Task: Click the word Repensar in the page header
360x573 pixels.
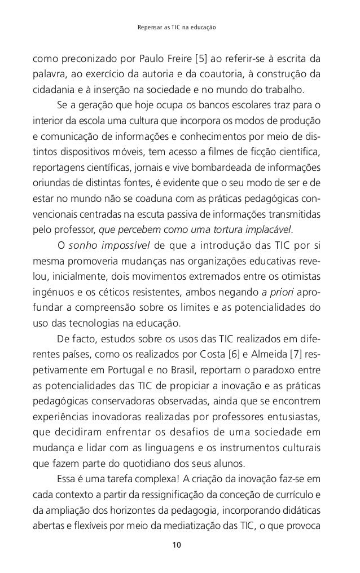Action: point(150,27)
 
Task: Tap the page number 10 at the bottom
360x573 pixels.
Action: point(179,545)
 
